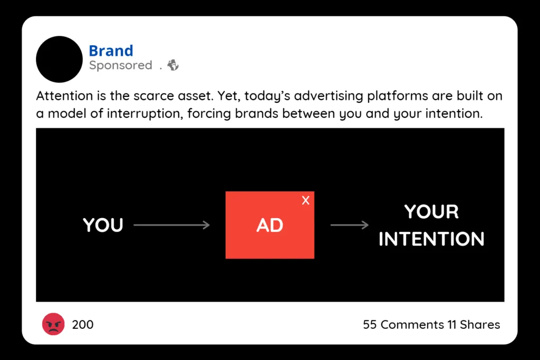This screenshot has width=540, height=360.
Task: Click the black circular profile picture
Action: (x=59, y=59)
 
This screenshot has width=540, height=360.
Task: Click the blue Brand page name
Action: (x=111, y=51)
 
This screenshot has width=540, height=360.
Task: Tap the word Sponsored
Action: (x=121, y=65)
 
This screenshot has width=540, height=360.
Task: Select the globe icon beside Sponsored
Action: (x=173, y=65)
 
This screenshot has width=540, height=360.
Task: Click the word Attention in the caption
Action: (x=64, y=96)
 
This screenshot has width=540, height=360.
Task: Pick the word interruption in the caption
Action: (x=144, y=113)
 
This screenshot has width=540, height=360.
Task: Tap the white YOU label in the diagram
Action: (x=103, y=225)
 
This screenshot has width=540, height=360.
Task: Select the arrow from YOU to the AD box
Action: (x=171, y=225)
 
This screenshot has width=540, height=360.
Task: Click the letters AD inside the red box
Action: (x=269, y=226)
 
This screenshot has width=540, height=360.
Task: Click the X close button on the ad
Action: (x=305, y=200)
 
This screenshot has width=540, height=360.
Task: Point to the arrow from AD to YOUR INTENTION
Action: (x=350, y=225)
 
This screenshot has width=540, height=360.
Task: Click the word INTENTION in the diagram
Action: (x=431, y=239)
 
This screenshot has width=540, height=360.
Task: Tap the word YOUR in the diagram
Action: (x=431, y=211)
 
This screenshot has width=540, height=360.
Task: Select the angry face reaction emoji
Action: (x=53, y=324)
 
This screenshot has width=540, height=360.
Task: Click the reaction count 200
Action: (x=83, y=325)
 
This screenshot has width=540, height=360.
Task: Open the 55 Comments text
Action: (x=403, y=325)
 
